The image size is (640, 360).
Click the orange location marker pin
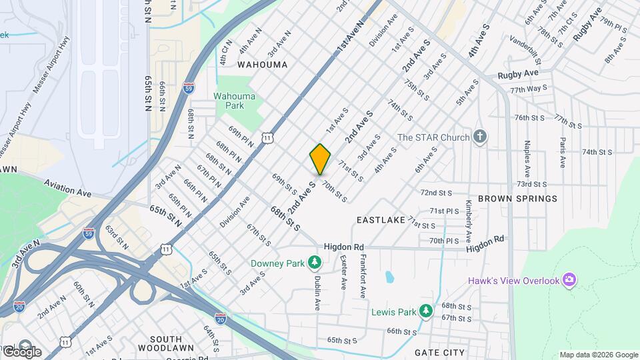(x=320, y=159)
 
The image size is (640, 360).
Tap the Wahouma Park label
(x=234, y=101)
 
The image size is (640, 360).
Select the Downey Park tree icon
(x=314, y=263)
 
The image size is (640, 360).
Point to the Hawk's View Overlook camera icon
(x=569, y=280)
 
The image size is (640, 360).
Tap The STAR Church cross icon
(x=480, y=137)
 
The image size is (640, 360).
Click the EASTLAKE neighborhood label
(x=381, y=219)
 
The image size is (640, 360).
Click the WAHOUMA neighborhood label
(x=263, y=65)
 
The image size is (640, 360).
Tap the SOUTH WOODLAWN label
(x=166, y=343)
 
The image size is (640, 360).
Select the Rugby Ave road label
(x=518, y=74)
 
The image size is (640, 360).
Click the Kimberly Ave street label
(x=469, y=221)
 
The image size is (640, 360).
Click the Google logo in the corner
(x=21, y=351)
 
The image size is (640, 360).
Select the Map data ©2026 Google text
(x=598, y=355)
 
